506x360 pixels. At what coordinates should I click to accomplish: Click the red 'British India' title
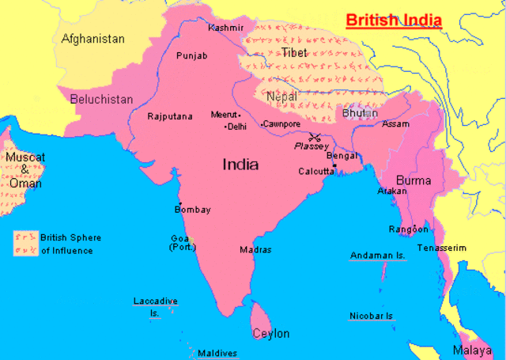(393, 20)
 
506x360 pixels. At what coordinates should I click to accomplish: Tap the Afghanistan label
(93, 39)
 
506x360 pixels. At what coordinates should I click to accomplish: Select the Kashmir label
(225, 28)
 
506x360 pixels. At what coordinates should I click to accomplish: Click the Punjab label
(191, 56)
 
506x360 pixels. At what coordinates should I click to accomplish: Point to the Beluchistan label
(101, 100)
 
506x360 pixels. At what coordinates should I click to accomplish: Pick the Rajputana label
(170, 116)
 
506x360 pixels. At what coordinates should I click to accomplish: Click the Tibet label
(293, 52)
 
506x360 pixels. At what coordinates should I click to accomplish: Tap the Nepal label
(281, 97)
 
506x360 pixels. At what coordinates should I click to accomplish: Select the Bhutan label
(360, 113)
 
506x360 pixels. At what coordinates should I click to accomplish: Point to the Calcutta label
(316, 171)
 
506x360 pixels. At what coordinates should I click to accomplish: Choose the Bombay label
(192, 210)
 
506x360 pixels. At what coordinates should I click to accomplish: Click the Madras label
(255, 249)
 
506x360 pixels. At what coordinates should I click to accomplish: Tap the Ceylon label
(270, 333)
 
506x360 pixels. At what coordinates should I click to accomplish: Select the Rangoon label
(408, 229)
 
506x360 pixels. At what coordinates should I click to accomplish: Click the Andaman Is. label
(377, 256)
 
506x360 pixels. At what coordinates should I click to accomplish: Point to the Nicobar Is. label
(371, 316)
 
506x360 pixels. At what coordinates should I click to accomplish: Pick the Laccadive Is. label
(155, 306)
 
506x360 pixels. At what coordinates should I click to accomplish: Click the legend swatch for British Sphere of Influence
(25, 244)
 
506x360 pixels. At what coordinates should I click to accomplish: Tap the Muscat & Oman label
(25, 169)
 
